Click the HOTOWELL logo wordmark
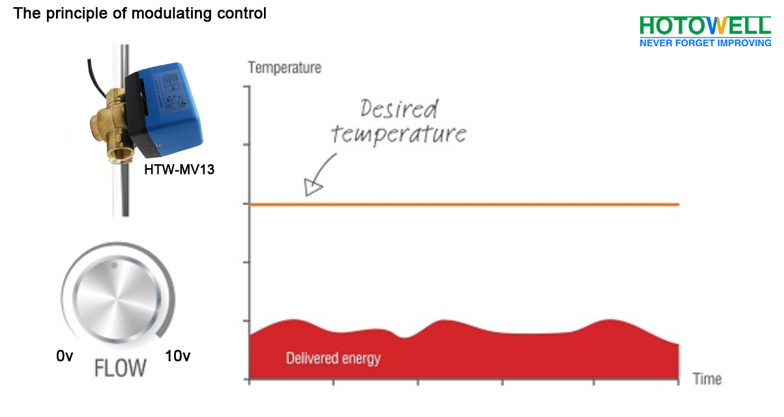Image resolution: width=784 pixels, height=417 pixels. (x=704, y=25)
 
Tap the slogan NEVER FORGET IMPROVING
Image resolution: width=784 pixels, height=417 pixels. (x=704, y=43)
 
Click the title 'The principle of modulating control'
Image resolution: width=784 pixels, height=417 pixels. (x=140, y=13)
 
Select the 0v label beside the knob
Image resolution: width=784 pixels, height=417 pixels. (x=65, y=356)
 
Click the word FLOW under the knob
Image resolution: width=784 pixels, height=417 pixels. (x=121, y=368)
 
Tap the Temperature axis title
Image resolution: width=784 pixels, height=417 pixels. (x=285, y=67)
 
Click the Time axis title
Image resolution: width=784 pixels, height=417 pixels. (x=707, y=379)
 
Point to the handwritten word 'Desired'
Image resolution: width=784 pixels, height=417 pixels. (x=399, y=109)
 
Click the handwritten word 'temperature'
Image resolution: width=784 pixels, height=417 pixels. (x=398, y=134)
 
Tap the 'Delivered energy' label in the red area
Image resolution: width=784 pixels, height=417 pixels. (x=333, y=358)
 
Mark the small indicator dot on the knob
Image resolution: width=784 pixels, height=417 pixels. (x=113, y=265)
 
